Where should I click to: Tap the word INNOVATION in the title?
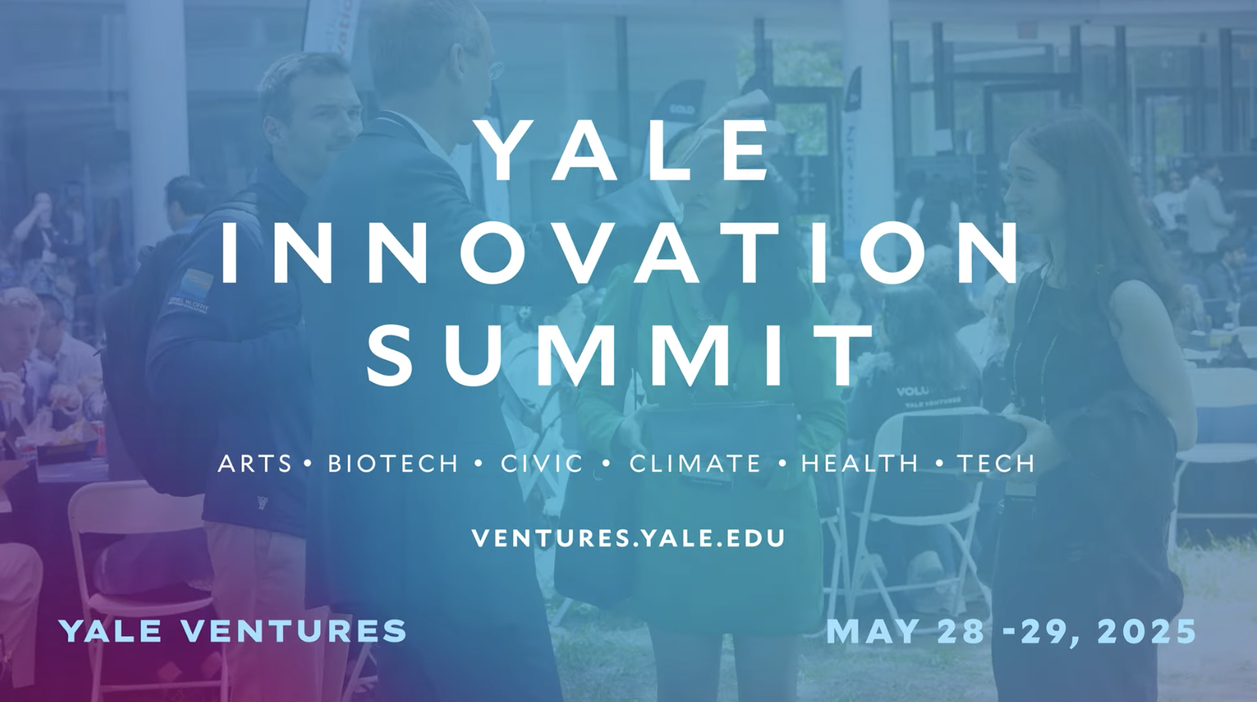[x=619, y=254]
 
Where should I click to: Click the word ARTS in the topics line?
[x=255, y=463]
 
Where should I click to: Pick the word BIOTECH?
[x=393, y=463]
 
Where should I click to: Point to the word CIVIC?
[x=542, y=463]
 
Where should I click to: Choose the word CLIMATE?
[x=695, y=463]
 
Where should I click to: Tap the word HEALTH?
[x=859, y=463]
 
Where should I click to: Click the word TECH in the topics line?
[x=996, y=463]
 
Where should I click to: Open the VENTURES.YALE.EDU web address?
[x=628, y=538]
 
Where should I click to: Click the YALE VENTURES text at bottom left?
[x=233, y=631]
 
